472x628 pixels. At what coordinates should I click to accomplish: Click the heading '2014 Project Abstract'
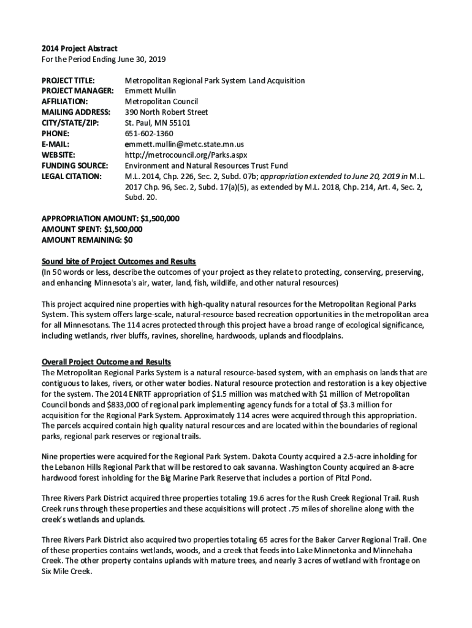79,48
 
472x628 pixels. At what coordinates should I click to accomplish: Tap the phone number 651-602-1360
149,133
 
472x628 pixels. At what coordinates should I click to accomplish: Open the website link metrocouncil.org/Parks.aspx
186,155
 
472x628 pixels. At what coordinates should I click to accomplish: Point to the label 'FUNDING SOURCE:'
75,166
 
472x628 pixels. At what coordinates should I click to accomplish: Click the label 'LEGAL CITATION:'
72,176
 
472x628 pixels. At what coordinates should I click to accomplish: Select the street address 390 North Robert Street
166,112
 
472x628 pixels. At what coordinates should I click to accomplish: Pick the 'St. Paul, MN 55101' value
158,123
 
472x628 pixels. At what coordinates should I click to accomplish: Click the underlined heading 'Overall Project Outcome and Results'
106,362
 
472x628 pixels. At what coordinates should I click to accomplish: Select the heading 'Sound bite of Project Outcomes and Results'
118,262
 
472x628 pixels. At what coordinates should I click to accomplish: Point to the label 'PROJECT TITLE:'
68,80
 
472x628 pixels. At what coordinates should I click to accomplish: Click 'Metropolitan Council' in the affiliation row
161,101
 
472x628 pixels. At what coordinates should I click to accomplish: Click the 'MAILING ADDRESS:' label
76,112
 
